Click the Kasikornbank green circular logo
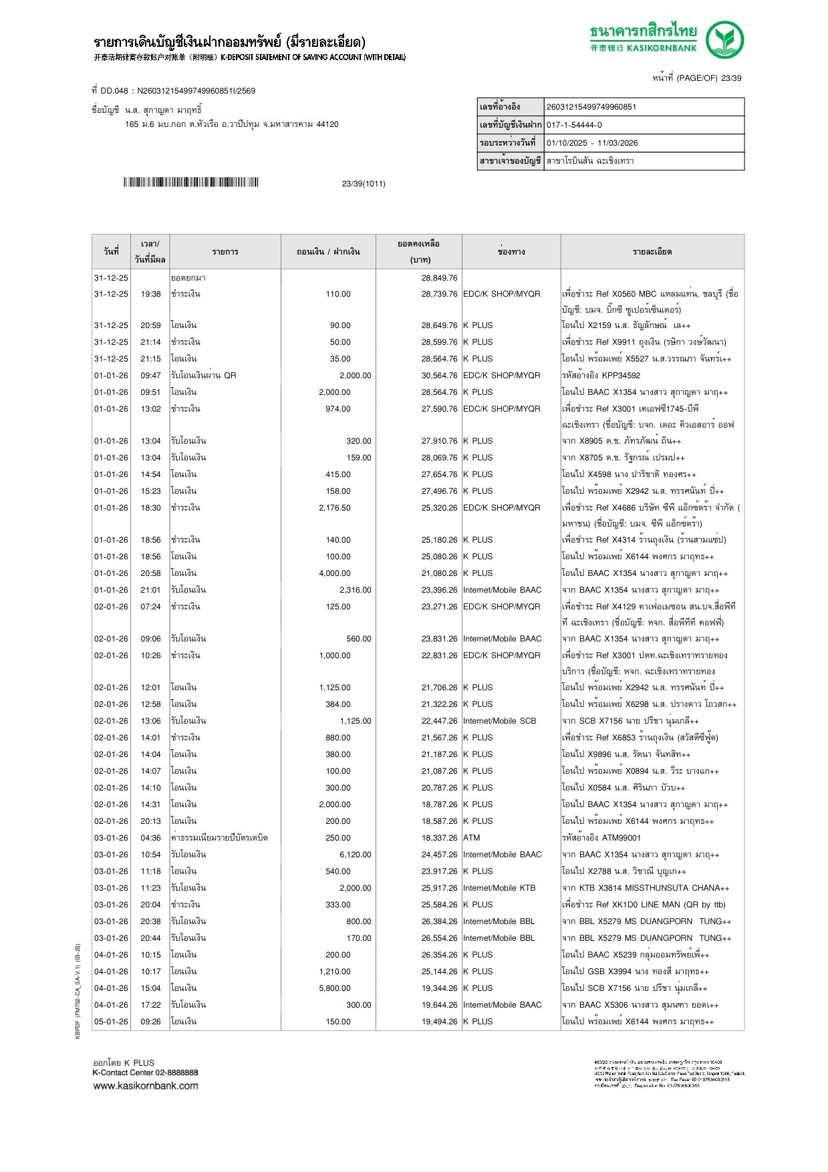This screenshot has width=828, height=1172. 724,39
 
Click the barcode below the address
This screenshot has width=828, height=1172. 190,182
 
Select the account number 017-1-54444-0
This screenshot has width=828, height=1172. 574,125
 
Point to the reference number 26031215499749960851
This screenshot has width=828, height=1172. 591,107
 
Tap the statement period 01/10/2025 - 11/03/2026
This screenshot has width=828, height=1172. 592,143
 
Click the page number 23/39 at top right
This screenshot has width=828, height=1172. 731,78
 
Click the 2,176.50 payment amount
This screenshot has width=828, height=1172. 335,508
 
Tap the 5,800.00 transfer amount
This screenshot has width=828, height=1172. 335,988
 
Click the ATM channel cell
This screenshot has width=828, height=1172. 472,838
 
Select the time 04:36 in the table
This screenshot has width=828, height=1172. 150,838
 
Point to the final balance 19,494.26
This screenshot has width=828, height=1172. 439,1022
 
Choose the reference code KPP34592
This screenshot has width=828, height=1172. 622,376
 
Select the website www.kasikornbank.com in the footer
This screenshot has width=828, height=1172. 146,1086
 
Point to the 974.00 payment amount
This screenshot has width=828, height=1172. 338,409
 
